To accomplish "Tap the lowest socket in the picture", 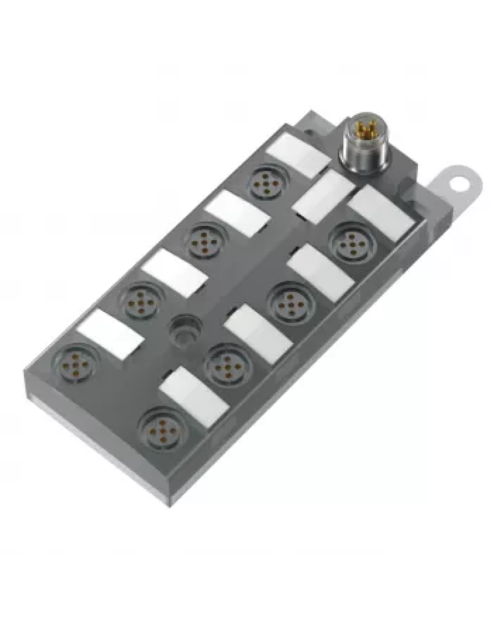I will (162, 429).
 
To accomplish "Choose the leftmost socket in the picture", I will (77, 360).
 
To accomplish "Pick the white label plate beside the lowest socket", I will (193, 393).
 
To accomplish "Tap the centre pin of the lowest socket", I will (162, 429).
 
